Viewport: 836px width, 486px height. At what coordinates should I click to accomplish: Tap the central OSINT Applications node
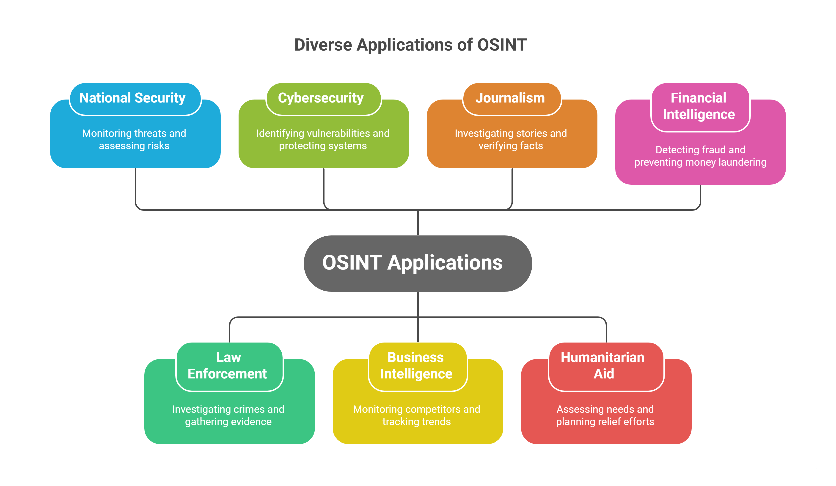point(418,263)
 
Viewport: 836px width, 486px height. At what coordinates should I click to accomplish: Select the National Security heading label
point(132,98)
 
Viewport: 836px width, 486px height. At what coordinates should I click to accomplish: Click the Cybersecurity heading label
point(321,98)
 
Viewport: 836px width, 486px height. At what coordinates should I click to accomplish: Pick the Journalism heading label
point(510,98)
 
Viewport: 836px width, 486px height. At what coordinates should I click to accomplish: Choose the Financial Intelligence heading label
point(699,106)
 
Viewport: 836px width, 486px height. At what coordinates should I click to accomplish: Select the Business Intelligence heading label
point(416,365)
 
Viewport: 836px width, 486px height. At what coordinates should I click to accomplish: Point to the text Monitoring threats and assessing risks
point(134,140)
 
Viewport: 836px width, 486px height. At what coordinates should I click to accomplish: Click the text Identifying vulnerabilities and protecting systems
point(323,140)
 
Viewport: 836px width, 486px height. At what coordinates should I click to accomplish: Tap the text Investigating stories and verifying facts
point(511,140)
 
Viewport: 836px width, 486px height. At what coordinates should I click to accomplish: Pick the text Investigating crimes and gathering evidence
point(228,416)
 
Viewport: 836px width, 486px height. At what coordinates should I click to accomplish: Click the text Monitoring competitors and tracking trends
point(417,416)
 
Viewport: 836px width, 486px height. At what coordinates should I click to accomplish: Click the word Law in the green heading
point(228,357)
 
